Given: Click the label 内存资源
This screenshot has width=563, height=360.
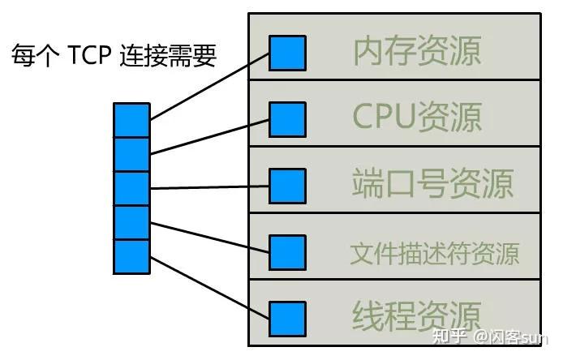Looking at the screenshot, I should pyautogui.click(x=417, y=50).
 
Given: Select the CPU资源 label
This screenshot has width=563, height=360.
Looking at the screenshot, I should pyautogui.click(x=417, y=116).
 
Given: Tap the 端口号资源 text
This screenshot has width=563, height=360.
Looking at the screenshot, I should pyautogui.click(x=433, y=183).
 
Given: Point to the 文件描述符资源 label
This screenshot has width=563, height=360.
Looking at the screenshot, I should pyautogui.click(x=434, y=252).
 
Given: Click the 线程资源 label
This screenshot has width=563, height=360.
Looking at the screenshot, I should pyautogui.click(x=417, y=315).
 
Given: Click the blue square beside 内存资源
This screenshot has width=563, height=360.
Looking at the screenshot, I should pyautogui.click(x=287, y=53).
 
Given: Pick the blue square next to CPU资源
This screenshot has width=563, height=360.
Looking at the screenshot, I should pyautogui.click(x=287, y=118).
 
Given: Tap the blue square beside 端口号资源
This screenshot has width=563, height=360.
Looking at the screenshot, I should pyautogui.click(x=287, y=186).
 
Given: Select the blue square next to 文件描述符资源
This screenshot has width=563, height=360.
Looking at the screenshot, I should pyautogui.click(x=287, y=252).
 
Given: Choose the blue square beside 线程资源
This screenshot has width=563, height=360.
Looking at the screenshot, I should pyautogui.click(x=287, y=318).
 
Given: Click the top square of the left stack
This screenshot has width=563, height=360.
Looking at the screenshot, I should pyautogui.click(x=131, y=120).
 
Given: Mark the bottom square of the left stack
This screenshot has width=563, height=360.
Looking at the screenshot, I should pyautogui.click(x=131, y=256).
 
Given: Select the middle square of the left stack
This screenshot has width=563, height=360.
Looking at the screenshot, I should pyautogui.click(x=131, y=188).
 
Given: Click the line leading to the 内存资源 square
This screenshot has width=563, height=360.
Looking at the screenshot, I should pyautogui.click(x=209, y=86).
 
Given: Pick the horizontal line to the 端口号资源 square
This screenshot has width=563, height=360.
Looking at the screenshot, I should pyautogui.click(x=209, y=187).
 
